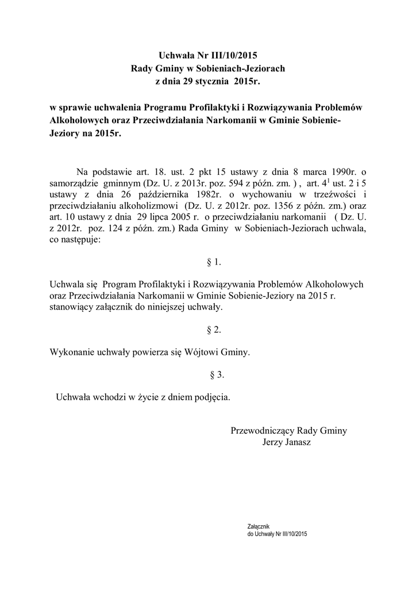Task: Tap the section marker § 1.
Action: [213, 262]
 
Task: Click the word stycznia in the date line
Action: [215, 82]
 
